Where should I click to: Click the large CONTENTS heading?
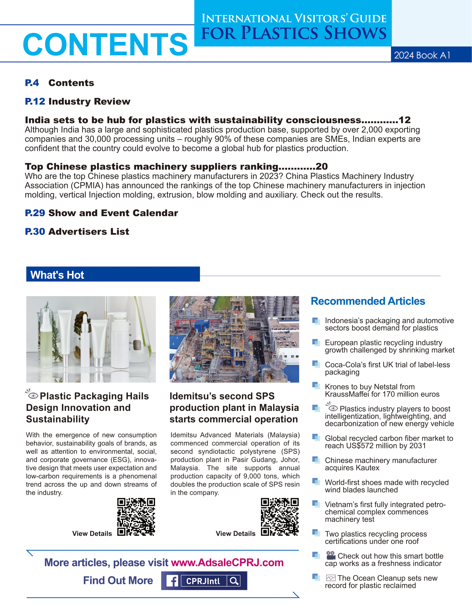[x=105, y=44]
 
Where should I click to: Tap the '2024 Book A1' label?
[x=422, y=55]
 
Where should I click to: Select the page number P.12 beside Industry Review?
[x=35, y=101]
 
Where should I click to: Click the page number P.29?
[x=35, y=213]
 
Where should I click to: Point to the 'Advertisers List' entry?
[x=89, y=231]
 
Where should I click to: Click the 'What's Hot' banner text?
[x=57, y=275]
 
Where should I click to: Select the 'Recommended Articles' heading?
[x=368, y=301]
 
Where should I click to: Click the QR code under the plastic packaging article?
[x=136, y=517]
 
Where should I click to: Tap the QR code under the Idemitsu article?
[x=280, y=517]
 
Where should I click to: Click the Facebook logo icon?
[x=172, y=581]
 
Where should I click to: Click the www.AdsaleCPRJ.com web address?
[x=227, y=563]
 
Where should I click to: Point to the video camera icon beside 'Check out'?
[x=331, y=555]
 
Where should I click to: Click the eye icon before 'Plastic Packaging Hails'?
[x=32, y=395]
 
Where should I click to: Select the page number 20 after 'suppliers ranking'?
[x=322, y=167]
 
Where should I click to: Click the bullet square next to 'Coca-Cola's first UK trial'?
[x=316, y=364]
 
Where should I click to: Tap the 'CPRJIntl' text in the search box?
[x=203, y=581]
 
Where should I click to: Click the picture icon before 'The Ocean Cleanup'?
[x=331, y=578]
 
